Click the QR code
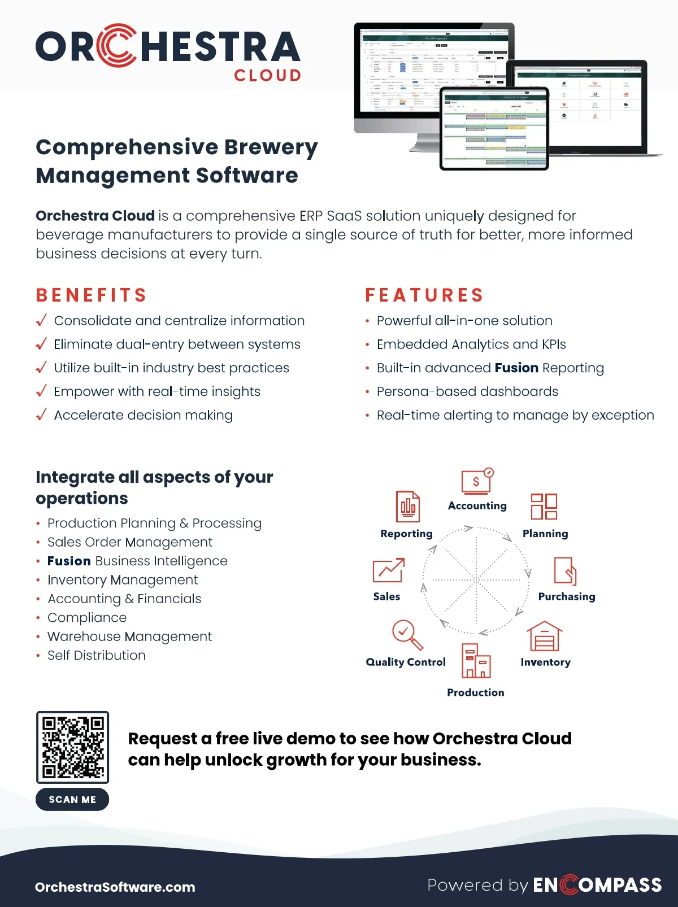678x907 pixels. click(x=72, y=747)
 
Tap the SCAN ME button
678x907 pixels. click(x=72, y=799)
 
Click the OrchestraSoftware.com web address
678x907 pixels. click(x=115, y=887)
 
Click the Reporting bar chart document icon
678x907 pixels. click(x=407, y=507)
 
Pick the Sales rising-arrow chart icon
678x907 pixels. click(x=389, y=570)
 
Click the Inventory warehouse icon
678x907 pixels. click(x=544, y=636)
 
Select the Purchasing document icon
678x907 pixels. click(x=565, y=571)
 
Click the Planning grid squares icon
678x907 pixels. click(x=544, y=506)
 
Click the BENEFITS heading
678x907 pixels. click(x=92, y=295)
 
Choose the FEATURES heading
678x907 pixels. click(x=424, y=295)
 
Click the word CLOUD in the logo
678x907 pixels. click(x=267, y=76)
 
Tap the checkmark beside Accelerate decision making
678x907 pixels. click(x=41, y=415)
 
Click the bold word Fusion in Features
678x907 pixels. click(x=516, y=368)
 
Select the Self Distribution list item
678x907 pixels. click(x=97, y=655)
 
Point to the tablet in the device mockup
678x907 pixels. click(x=494, y=129)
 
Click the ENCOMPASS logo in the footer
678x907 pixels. click(x=597, y=884)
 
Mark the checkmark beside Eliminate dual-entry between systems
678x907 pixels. click(x=41, y=344)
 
